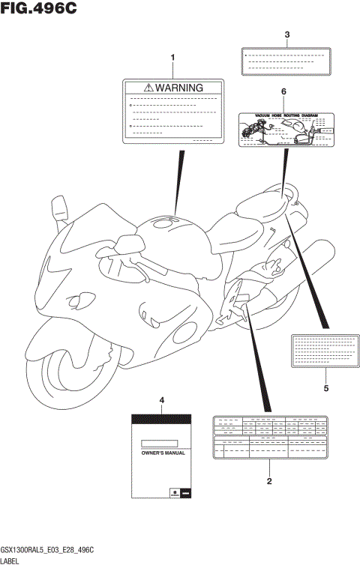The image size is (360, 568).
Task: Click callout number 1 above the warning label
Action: click(173, 58)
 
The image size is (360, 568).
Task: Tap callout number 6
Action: click(283, 91)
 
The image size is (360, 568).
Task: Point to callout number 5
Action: click(325, 388)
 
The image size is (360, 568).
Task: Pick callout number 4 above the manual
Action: click(161, 403)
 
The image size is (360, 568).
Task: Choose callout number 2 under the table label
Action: click(268, 481)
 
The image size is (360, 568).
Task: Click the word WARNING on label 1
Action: click(180, 88)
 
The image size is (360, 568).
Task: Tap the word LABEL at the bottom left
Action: click(10, 561)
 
